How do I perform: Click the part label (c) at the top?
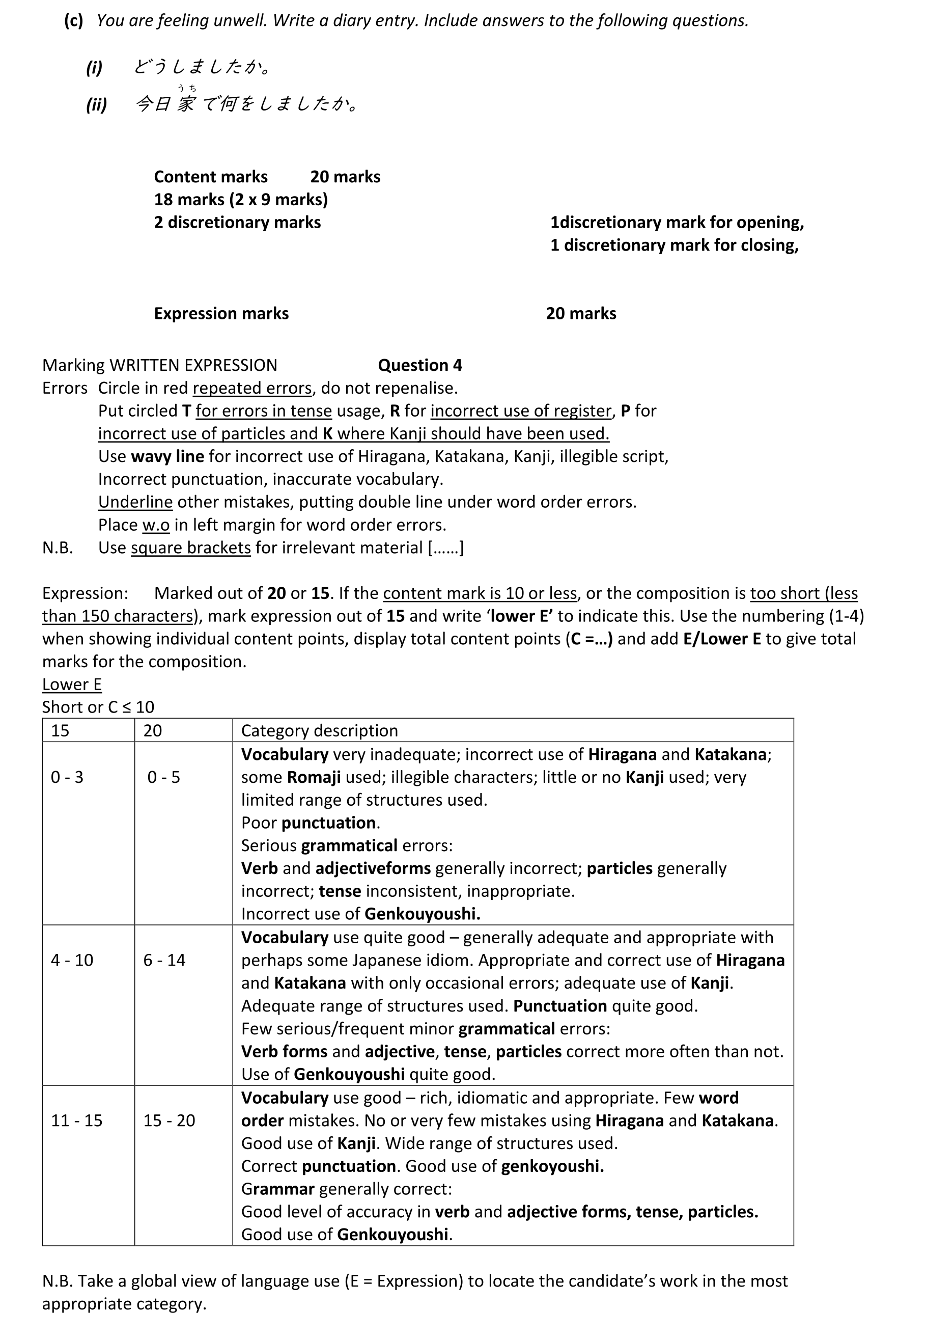(73, 21)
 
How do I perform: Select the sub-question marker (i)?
(94, 68)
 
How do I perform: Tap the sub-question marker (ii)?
(96, 104)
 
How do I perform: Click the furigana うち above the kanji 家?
(187, 88)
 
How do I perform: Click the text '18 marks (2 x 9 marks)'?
(241, 199)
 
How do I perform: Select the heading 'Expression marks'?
(221, 313)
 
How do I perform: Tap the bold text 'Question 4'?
(419, 365)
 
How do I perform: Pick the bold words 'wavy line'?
(167, 456)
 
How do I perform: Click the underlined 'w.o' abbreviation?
(155, 525)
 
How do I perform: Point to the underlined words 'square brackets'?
(190, 548)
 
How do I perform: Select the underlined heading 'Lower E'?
(72, 685)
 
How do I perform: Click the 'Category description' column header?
(319, 730)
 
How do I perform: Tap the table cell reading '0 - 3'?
(67, 777)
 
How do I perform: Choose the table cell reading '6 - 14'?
(164, 960)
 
